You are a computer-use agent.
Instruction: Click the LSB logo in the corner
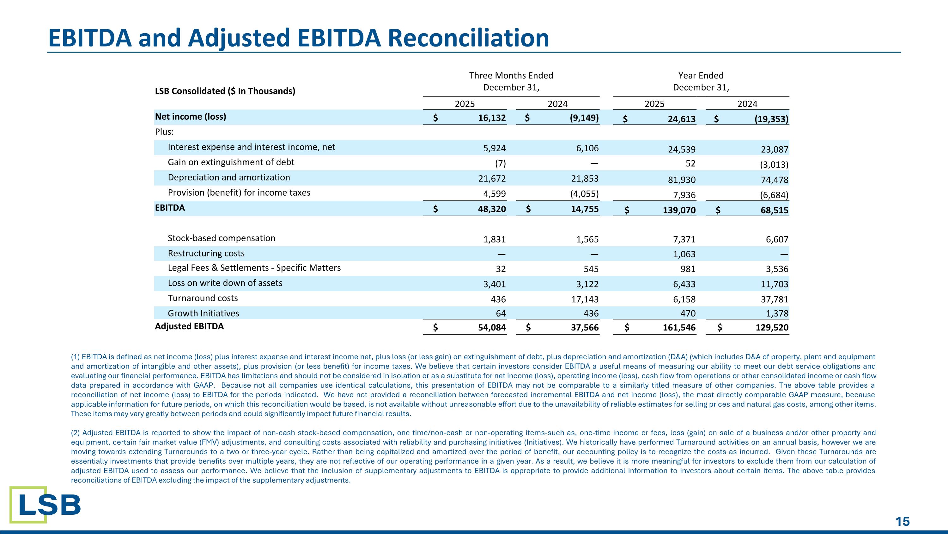pyautogui.click(x=45, y=505)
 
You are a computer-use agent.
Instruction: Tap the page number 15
pyautogui.click(x=902, y=521)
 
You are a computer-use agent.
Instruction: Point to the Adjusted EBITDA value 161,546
pyautogui.click(x=679, y=328)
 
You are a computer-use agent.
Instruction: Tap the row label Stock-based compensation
pyautogui.click(x=221, y=238)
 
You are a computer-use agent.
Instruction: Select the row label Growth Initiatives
pyautogui.click(x=203, y=313)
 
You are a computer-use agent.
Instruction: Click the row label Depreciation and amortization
pyautogui.click(x=228, y=177)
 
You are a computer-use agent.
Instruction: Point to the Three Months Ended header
pyautogui.click(x=511, y=76)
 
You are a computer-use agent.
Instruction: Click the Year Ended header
pyautogui.click(x=701, y=76)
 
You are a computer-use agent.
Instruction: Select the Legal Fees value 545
pyautogui.click(x=591, y=269)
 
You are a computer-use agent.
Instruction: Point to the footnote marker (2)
pyautogui.click(x=76, y=433)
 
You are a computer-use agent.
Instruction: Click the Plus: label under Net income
pyautogui.click(x=164, y=132)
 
